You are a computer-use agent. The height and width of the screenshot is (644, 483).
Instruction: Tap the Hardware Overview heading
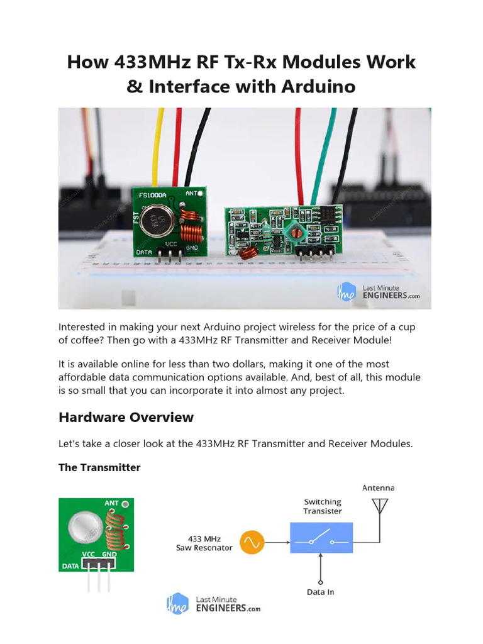tap(126, 417)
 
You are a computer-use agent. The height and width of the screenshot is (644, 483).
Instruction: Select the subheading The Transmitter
tap(99, 467)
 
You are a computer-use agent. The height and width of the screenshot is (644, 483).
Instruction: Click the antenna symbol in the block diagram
tap(380, 507)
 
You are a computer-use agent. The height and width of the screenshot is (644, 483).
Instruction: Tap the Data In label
tap(321, 592)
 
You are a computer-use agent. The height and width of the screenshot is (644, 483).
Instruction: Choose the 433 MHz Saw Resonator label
tap(204, 543)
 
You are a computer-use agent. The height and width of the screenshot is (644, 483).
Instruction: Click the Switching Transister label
tap(323, 506)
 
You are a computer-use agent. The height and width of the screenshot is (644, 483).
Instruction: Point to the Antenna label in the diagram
tap(379, 487)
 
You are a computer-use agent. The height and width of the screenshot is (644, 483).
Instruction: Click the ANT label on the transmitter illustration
tap(111, 503)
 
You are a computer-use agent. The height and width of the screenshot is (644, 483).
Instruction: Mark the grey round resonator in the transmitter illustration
tap(86, 525)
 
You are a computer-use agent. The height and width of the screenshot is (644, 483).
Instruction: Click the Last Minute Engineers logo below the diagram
tap(213, 604)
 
